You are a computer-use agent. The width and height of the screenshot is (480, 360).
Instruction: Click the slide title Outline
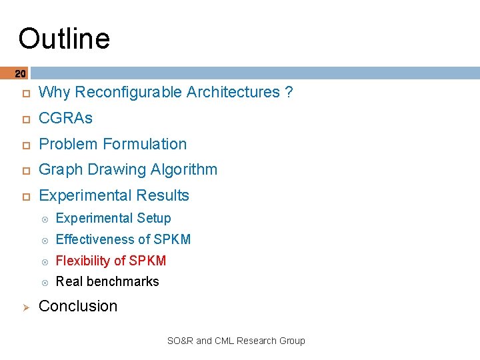click(64, 39)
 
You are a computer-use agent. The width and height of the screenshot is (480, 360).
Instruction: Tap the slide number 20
click(20, 73)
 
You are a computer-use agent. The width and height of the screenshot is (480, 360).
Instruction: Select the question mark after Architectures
click(288, 93)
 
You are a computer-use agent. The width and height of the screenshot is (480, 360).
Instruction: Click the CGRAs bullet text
click(65, 118)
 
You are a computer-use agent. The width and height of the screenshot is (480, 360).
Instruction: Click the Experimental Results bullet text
click(114, 195)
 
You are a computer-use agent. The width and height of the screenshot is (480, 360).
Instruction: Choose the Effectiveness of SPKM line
click(123, 239)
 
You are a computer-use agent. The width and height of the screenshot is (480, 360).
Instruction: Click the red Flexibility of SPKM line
click(111, 261)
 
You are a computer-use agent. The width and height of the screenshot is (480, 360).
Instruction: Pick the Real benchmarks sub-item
click(107, 281)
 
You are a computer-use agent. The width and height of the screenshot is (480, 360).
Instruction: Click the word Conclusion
click(78, 306)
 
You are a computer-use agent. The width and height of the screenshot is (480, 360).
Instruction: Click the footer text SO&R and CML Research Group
click(235, 341)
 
